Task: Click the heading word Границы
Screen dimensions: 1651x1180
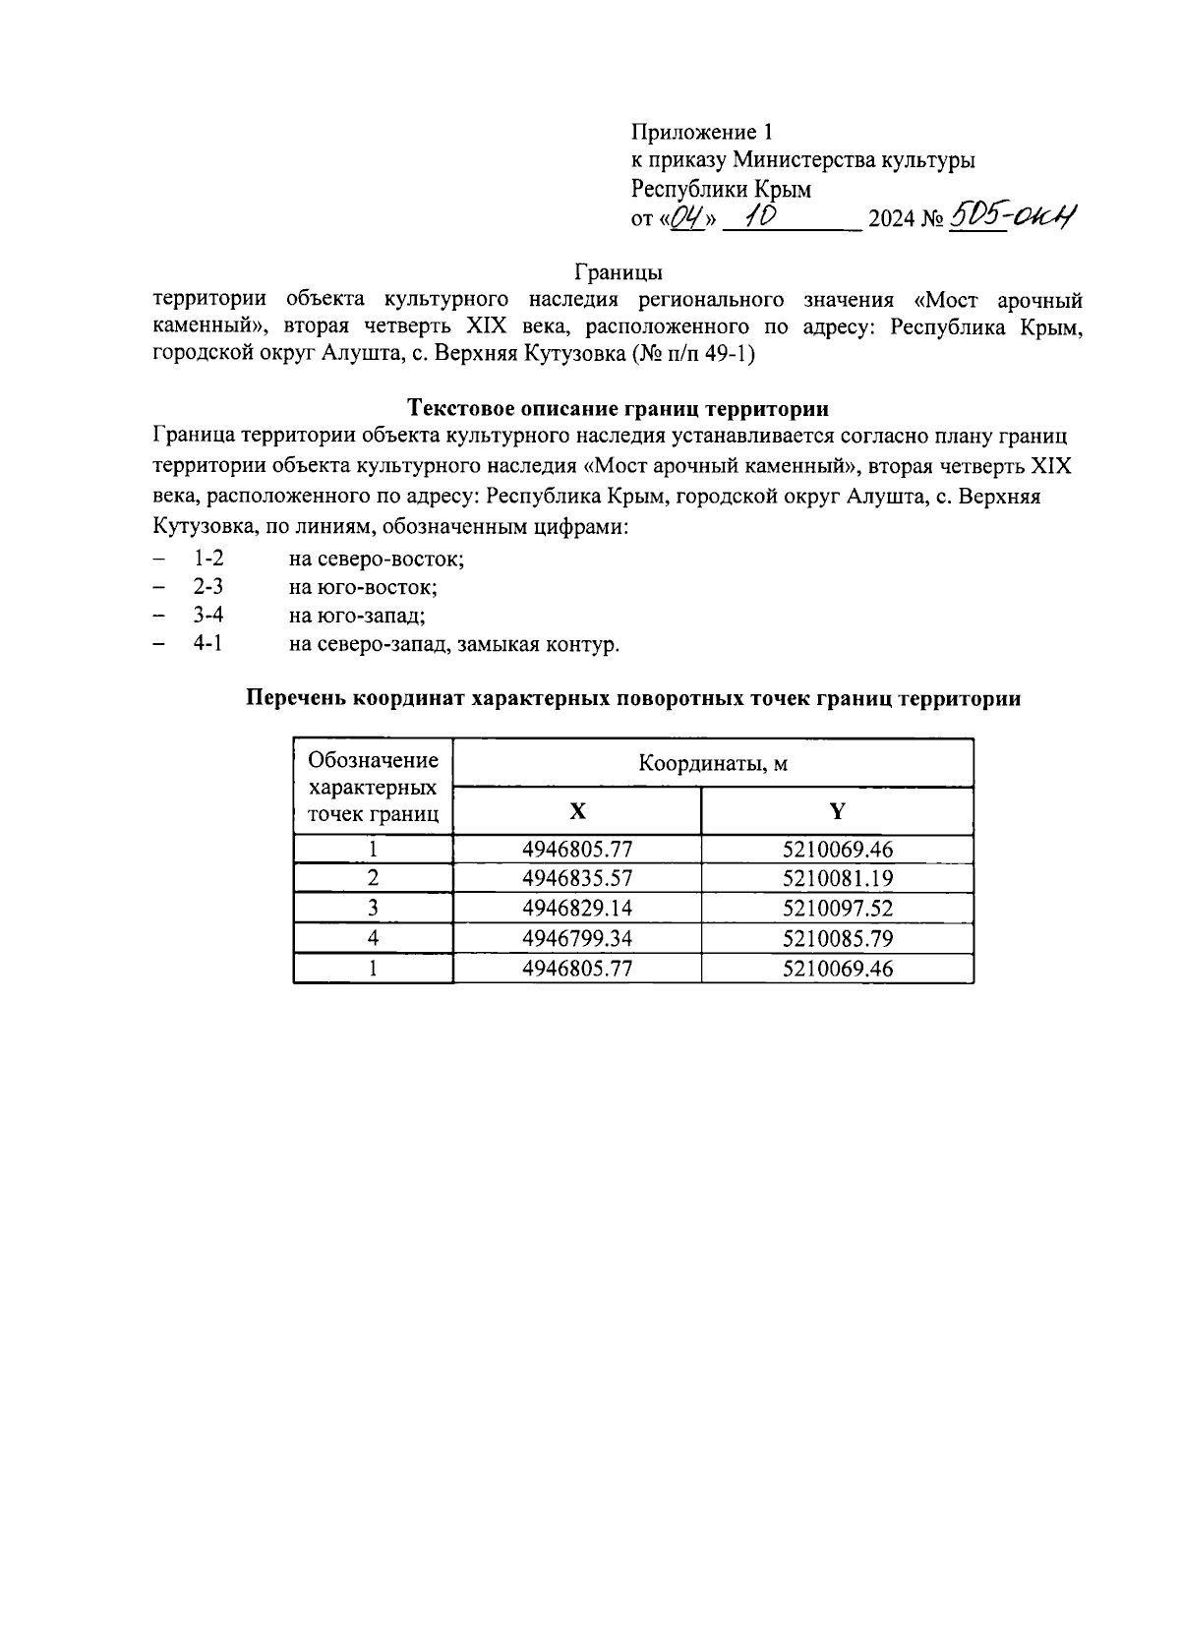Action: pyautogui.click(x=618, y=270)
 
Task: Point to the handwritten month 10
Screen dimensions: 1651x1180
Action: pyautogui.click(x=759, y=215)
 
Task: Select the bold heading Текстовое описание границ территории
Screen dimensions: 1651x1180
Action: pyautogui.click(x=618, y=407)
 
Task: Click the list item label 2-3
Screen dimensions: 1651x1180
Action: pyautogui.click(x=208, y=587)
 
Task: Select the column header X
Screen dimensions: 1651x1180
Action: pyautogui.click(x=577, y=811)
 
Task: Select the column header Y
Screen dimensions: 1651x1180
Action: pyautogui.click(x=837, y=811)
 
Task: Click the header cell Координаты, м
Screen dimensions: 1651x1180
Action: pyautogui.click(x=713, y=763)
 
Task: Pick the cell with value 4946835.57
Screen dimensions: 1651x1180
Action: pyautogui.click(x=577, y=878)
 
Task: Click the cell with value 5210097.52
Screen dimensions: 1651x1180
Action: pyautogui.click(x=837, y=908)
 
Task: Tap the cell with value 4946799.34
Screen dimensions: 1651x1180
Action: pyautogui.click(x=577, y=938)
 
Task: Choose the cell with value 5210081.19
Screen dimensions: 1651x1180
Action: pyautogui.click(x=837, y=878)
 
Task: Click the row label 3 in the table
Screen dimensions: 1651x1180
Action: pyautogui.click(x=373, y=908)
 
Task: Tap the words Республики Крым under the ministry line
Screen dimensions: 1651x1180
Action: pyautogui.click(x=721, y=189)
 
